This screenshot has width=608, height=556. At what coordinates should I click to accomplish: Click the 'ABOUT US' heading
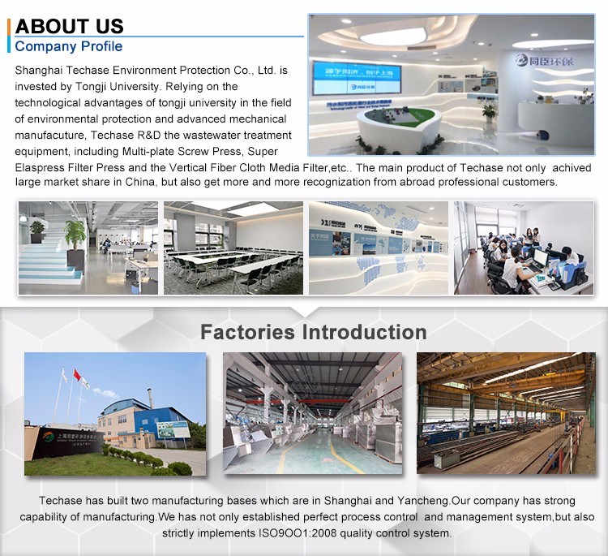click(70, 26)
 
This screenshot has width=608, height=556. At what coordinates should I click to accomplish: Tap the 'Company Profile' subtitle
click(69, 46)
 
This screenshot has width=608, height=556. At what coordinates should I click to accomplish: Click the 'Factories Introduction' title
click(313, 332)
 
